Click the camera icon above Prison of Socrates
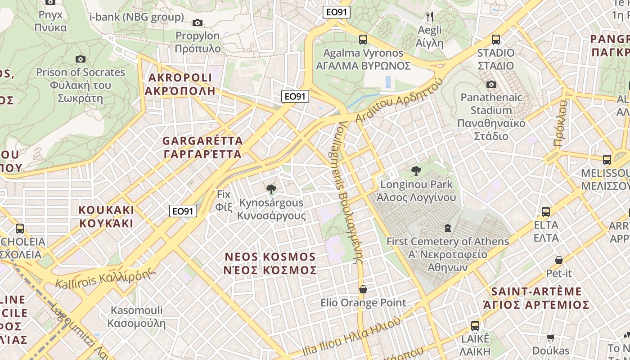click(x=81, y=59)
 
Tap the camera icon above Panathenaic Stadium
click(x=491, y=84)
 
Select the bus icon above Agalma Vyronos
click(x=363, y=40)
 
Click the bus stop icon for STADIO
click(x=496, y=40)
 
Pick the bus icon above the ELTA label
click(x=546, y=211)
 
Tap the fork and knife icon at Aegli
click(x=430, y=17)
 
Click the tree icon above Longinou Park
click(x=416, y=171)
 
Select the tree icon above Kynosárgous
click(x=271, y=189)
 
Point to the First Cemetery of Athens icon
click(x=448, y=228)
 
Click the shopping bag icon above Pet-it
click(x=559, y=260)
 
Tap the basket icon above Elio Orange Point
click(x=363, y=289)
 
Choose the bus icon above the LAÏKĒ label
click(x=475, y=325)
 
